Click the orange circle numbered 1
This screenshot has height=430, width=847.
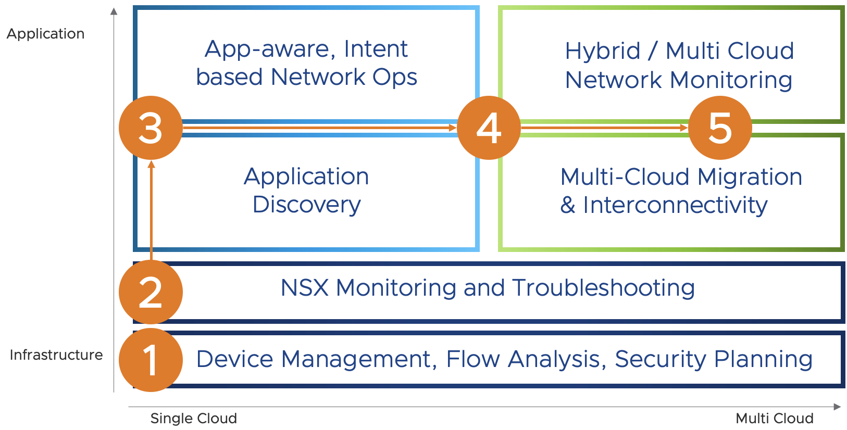pos(151,360)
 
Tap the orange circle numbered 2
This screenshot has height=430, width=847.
pos(151,292)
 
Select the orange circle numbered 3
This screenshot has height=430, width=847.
pos(151,128)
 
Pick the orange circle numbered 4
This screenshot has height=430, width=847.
pos(489,128)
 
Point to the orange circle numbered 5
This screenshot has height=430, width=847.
pos(720,128)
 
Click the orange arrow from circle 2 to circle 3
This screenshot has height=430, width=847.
pos(152,210)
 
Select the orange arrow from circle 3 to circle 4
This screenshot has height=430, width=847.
pos(319,128)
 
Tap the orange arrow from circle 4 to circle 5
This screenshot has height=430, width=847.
pos(604,128)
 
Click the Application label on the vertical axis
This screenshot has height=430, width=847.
pos(45,34)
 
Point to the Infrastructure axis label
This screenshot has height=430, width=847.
pos(56,355)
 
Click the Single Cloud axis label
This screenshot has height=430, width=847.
pos(193,419)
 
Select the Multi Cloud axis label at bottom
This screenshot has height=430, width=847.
pos(774,419)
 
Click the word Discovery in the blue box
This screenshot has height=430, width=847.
pos(306,205)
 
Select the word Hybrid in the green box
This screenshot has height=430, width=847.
pos(603,51)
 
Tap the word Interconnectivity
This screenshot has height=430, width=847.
pos(675,205)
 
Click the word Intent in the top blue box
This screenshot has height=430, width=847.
pos(376,49)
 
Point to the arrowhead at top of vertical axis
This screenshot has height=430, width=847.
pos(114,11)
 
